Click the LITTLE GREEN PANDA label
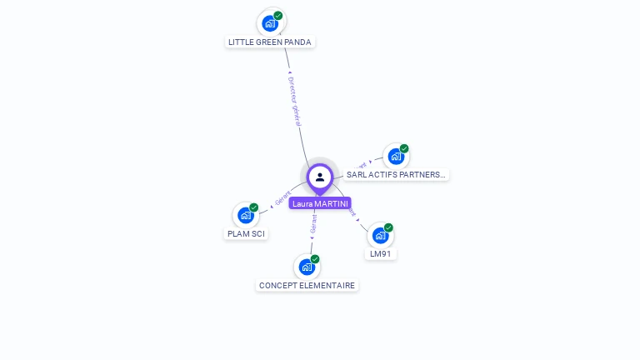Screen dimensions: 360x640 tap(270, 42)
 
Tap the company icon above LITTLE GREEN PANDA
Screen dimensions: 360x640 tap(270, 23)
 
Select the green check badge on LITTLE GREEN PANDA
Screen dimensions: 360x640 tap(278, 15)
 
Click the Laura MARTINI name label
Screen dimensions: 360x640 tap(320, 203)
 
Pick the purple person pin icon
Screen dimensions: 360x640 tap(320, 177)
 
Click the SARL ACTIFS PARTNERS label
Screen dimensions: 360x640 tap(397, 175)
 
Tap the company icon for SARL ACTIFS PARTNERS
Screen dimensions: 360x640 tap(396, 157)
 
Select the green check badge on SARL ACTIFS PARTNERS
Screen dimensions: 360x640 tap(404, 148)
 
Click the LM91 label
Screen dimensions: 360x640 tap(381, 254)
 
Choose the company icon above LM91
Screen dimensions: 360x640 tap(380, 236)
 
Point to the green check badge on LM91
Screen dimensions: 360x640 tap(388, 227)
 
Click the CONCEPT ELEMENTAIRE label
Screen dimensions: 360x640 tap(307, 285)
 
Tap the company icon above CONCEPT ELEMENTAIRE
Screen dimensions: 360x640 tap(307, 267)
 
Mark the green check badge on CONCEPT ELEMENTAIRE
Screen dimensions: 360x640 tap(315, 259)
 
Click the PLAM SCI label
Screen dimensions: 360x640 tap(246, 233)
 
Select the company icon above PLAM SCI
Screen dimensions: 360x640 tap(245, 215)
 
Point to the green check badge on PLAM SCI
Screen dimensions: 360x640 tap(253, 207)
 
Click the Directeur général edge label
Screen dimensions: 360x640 tap(295, 101)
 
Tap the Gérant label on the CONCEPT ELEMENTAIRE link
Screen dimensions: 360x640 tap(313, 224)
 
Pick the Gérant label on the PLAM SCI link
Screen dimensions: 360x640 tap(282, 198)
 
